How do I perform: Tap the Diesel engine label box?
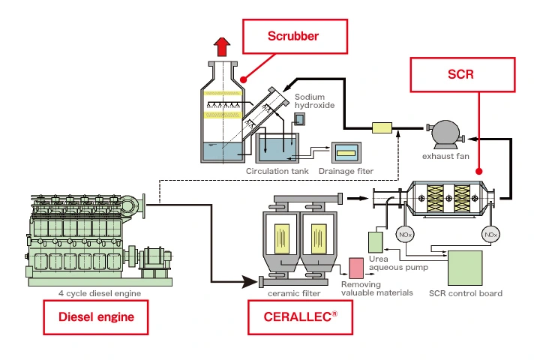96,316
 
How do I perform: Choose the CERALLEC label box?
298,316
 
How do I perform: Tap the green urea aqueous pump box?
376,242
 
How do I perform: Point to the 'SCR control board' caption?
465,293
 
